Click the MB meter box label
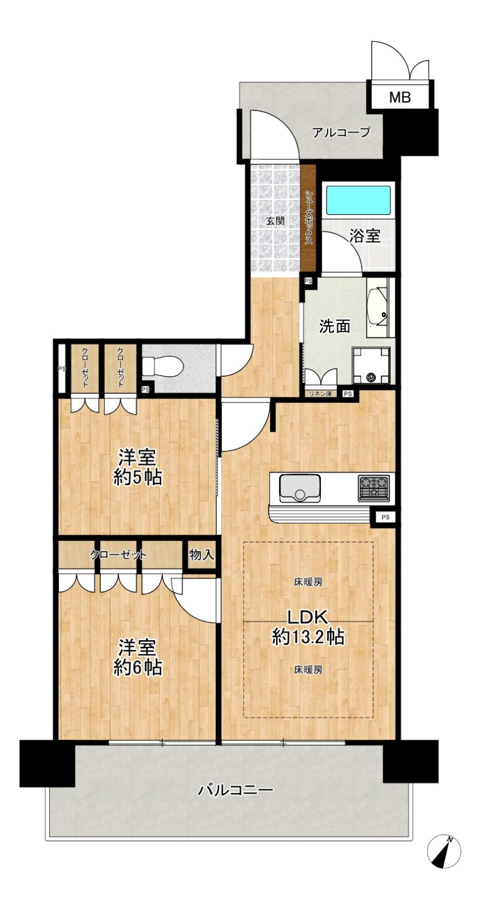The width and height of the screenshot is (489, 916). click(x=399, y=97)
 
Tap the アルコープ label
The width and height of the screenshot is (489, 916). click(x=341, y=132)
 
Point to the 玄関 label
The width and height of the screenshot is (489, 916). click(x=275, y=221)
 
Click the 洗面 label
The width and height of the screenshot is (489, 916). click(x=335, y=326)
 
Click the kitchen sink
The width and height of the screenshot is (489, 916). click(x=300, y=488)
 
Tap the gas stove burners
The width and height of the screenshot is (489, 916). click(x=373, y=487)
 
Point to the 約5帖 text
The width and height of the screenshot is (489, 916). click(x=137, y=477)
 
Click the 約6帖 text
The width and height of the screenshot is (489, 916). click(x=137, y=668)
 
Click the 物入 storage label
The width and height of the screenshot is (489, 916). click(x=201, y=555)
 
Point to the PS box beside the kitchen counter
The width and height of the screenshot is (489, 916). click(x=385, y=517)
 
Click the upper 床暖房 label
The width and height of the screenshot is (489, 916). click(x=308, y=582)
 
